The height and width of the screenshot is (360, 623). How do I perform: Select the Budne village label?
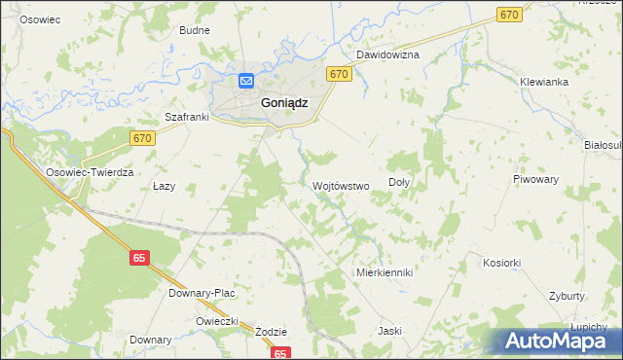[195, 30]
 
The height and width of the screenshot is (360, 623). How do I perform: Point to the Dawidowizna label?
[386, 55]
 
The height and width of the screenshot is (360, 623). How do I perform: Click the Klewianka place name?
[543, 82]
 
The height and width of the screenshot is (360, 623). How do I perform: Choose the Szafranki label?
[188, 118]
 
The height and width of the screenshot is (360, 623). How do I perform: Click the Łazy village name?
[164, 186]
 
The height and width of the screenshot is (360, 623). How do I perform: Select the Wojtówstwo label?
[340, 185]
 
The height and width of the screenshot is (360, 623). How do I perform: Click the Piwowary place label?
[535, 179]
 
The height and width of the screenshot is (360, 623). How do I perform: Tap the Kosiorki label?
[502, 263]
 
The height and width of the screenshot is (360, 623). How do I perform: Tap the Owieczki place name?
[217, 321]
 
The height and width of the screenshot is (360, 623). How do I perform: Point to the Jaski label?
[389, 331]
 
